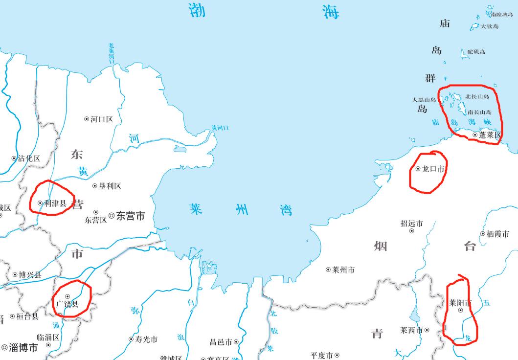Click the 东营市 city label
click(130, 216)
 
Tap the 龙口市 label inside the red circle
click(433, 169)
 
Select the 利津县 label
click(55, 203)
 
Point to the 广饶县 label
click(67, 304)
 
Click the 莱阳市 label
click(459, 303)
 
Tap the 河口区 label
click(102, 119)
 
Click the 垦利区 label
click(110, 186)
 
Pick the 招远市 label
click(411, 224)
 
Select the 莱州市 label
click(343, 270)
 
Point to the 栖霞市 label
click(497, 234)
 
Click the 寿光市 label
click(146, 339)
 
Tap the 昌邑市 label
click(221, 342)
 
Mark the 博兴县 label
click(30, 275)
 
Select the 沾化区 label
click(29, 158)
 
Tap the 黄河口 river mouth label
click(220, 128)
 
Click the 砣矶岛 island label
click(476, 52)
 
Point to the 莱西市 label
click(411, 330)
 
